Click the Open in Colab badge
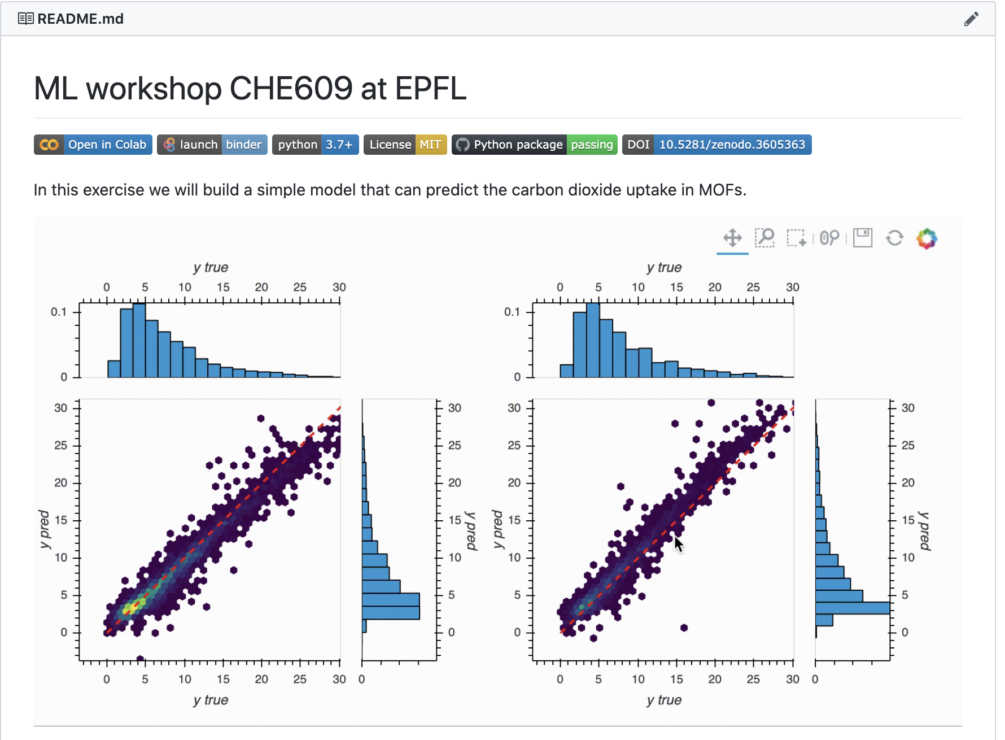pos(93,145)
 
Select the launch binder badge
pos(212,145)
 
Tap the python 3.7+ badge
pos(315,145)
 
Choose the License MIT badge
pos(405,145)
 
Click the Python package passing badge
pos(534,145)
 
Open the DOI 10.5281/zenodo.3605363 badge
pos(716,145)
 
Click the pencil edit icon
pos(971,19)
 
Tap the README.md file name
pos(80,19)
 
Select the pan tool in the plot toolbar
pos(732,238)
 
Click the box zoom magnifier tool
pos(764,238)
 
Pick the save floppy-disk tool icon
pos(862,238)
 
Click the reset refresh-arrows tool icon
pos(894,238)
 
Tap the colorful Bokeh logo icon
pos(927,238)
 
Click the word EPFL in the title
pos(431,89)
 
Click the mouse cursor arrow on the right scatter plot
pos(678,543)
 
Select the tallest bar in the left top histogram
pos(139,340)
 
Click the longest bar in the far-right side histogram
pos(853,608)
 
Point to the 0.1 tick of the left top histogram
pos(59,312)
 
